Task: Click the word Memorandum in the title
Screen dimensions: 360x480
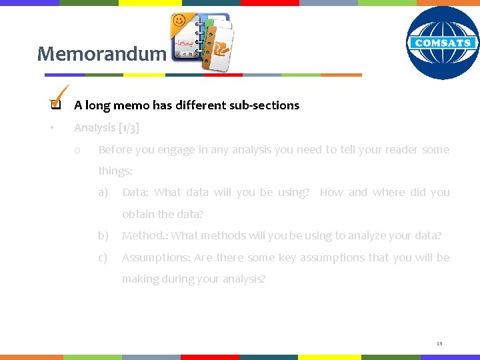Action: click(101, 53)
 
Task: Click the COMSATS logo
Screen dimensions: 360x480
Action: click(443, 43)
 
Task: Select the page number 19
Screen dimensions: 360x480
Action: click(439, 343)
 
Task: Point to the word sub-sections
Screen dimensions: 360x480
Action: click(265, 105)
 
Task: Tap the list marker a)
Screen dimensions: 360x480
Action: click(103, 193)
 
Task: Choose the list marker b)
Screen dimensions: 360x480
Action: click(103, 235)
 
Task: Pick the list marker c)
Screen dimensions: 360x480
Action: click(103, 257)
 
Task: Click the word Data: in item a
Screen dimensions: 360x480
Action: click(135, 193)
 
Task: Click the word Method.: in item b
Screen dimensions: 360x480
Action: click(145, 235)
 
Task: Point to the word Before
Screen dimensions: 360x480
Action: click(115, 150)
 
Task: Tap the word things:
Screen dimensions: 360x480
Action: click(115, 171)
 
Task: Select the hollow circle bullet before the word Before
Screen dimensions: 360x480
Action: click(78, 151)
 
